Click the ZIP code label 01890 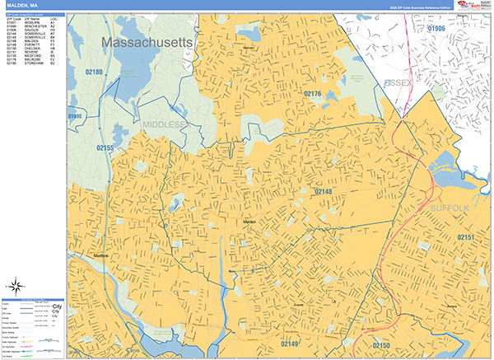click(x=76, y=117)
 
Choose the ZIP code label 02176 click(x=312, y=95)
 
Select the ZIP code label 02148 click(x=323, y=191)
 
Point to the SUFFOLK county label click(x=449, y=209)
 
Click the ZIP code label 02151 click(x=466, y=237)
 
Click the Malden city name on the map click(x=250, y=222)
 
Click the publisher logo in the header click(x=473, y=6)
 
